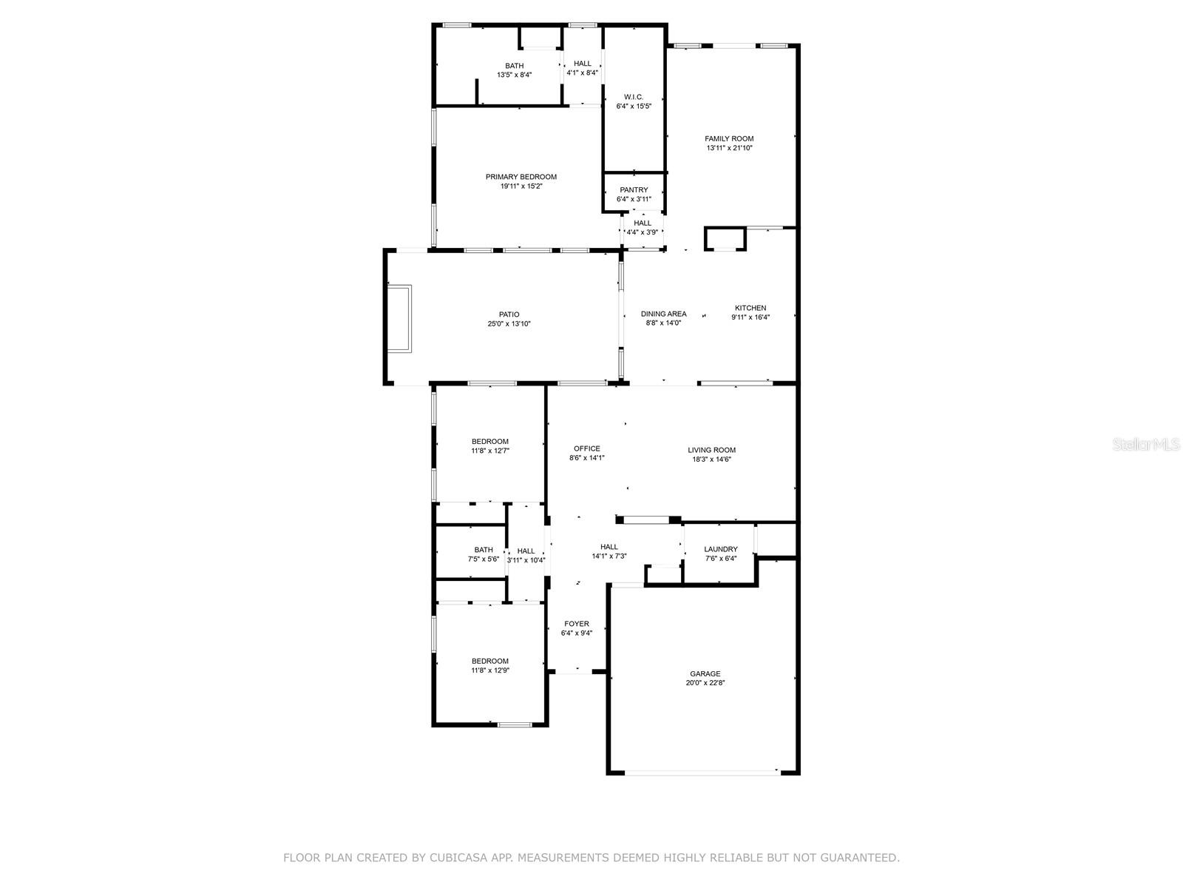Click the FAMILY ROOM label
click(x=729, y=138)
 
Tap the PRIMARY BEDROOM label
click(x=521, y=177)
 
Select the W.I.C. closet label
click(x=633, y=97)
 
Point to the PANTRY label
click(x=633, y=189)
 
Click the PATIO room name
click(x=509, y=314)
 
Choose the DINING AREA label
click(x=663, y=314)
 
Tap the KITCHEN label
click(x=750, y=308)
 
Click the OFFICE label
click(x=586, y=448)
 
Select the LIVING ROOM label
click(x=711, y=450)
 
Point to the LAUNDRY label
click(x=721, y=549)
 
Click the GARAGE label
click(x=705, y=673)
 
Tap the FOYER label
click(x=576, y=624)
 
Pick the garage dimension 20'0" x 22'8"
click(x=705, y=682)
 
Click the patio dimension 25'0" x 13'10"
click(x=509, y=324)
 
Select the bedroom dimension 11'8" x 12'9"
click(x=490, y=670)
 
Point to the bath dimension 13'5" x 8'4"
click(x=514, y=75)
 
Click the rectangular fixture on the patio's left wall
click(x=399, y=319)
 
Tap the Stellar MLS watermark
click(x=1146, y=444)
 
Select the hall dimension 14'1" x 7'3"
click(x=609, y=556)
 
